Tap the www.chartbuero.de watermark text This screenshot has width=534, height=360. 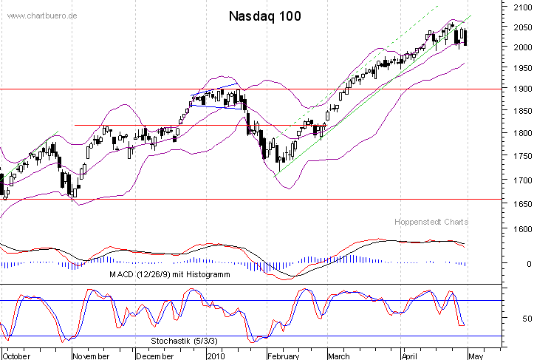[41, 15]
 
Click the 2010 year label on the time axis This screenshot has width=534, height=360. [216, 356]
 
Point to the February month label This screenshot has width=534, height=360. [283, 356]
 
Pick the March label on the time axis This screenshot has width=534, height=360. [338, 356]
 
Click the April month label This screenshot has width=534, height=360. [411, 356]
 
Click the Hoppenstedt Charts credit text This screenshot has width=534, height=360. [433, 222]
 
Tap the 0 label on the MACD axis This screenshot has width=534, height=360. [527, 264]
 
